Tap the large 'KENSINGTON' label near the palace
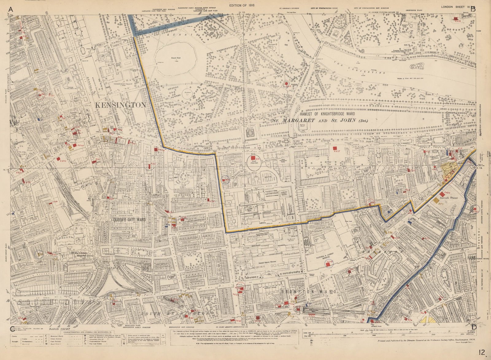click(x=120, y=105)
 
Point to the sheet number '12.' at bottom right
click(x=482, y=353)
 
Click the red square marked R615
click(x=335, y=148)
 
